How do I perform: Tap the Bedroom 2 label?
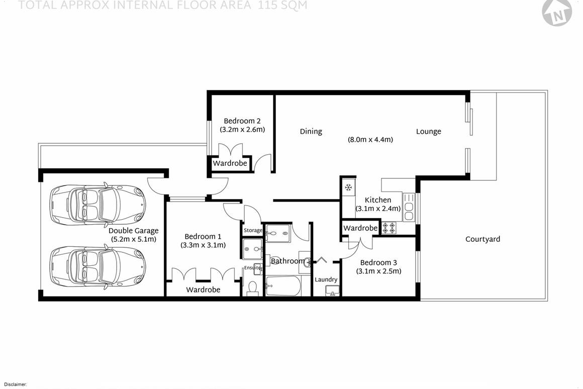242,121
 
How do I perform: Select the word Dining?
311,132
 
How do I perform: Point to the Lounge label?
428,132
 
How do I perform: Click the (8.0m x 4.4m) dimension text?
370,140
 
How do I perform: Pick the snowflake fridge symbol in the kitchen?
348,187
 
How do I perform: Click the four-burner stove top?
389,228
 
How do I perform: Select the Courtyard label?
482,239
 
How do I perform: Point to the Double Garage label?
133,231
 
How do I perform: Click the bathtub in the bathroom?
283,286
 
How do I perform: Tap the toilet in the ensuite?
253,288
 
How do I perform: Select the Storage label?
253,231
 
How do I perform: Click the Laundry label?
326,280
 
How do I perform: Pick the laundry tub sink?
332,291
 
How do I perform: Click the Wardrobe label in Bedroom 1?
203,290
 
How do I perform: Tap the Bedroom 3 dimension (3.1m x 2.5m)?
378,271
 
